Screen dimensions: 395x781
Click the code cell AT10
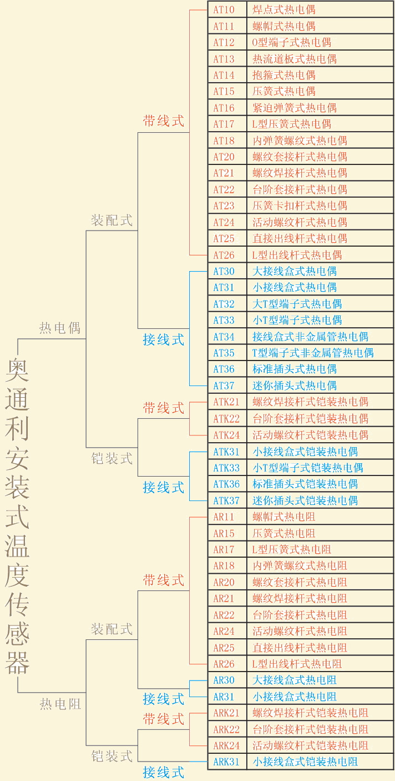(224, 10)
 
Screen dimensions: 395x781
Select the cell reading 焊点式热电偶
(284, 10)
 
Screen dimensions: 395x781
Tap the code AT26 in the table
(224, 255)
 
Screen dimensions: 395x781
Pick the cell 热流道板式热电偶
(295, 59)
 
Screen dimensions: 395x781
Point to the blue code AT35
(224, 353)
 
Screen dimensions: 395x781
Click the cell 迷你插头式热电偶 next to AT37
(295, 386)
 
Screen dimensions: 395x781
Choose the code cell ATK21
(226, 402)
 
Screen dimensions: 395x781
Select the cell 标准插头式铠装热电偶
(305, 484)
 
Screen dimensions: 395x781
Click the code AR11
(224, 517)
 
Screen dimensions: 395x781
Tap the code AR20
(224, 582)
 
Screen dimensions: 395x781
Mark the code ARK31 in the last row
(226, 762)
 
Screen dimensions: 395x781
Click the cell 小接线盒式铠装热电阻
(305, 762)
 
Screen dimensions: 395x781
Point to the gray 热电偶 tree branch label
(60, 328)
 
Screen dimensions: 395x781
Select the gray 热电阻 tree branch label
(60, 704)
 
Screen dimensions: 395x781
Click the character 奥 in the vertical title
(17, 370)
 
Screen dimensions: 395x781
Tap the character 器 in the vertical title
(17, 663)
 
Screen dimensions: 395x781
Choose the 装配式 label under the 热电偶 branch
(112, 221)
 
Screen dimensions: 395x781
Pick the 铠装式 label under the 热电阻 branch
(112, 756)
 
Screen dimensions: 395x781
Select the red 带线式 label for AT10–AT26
(163, 121)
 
